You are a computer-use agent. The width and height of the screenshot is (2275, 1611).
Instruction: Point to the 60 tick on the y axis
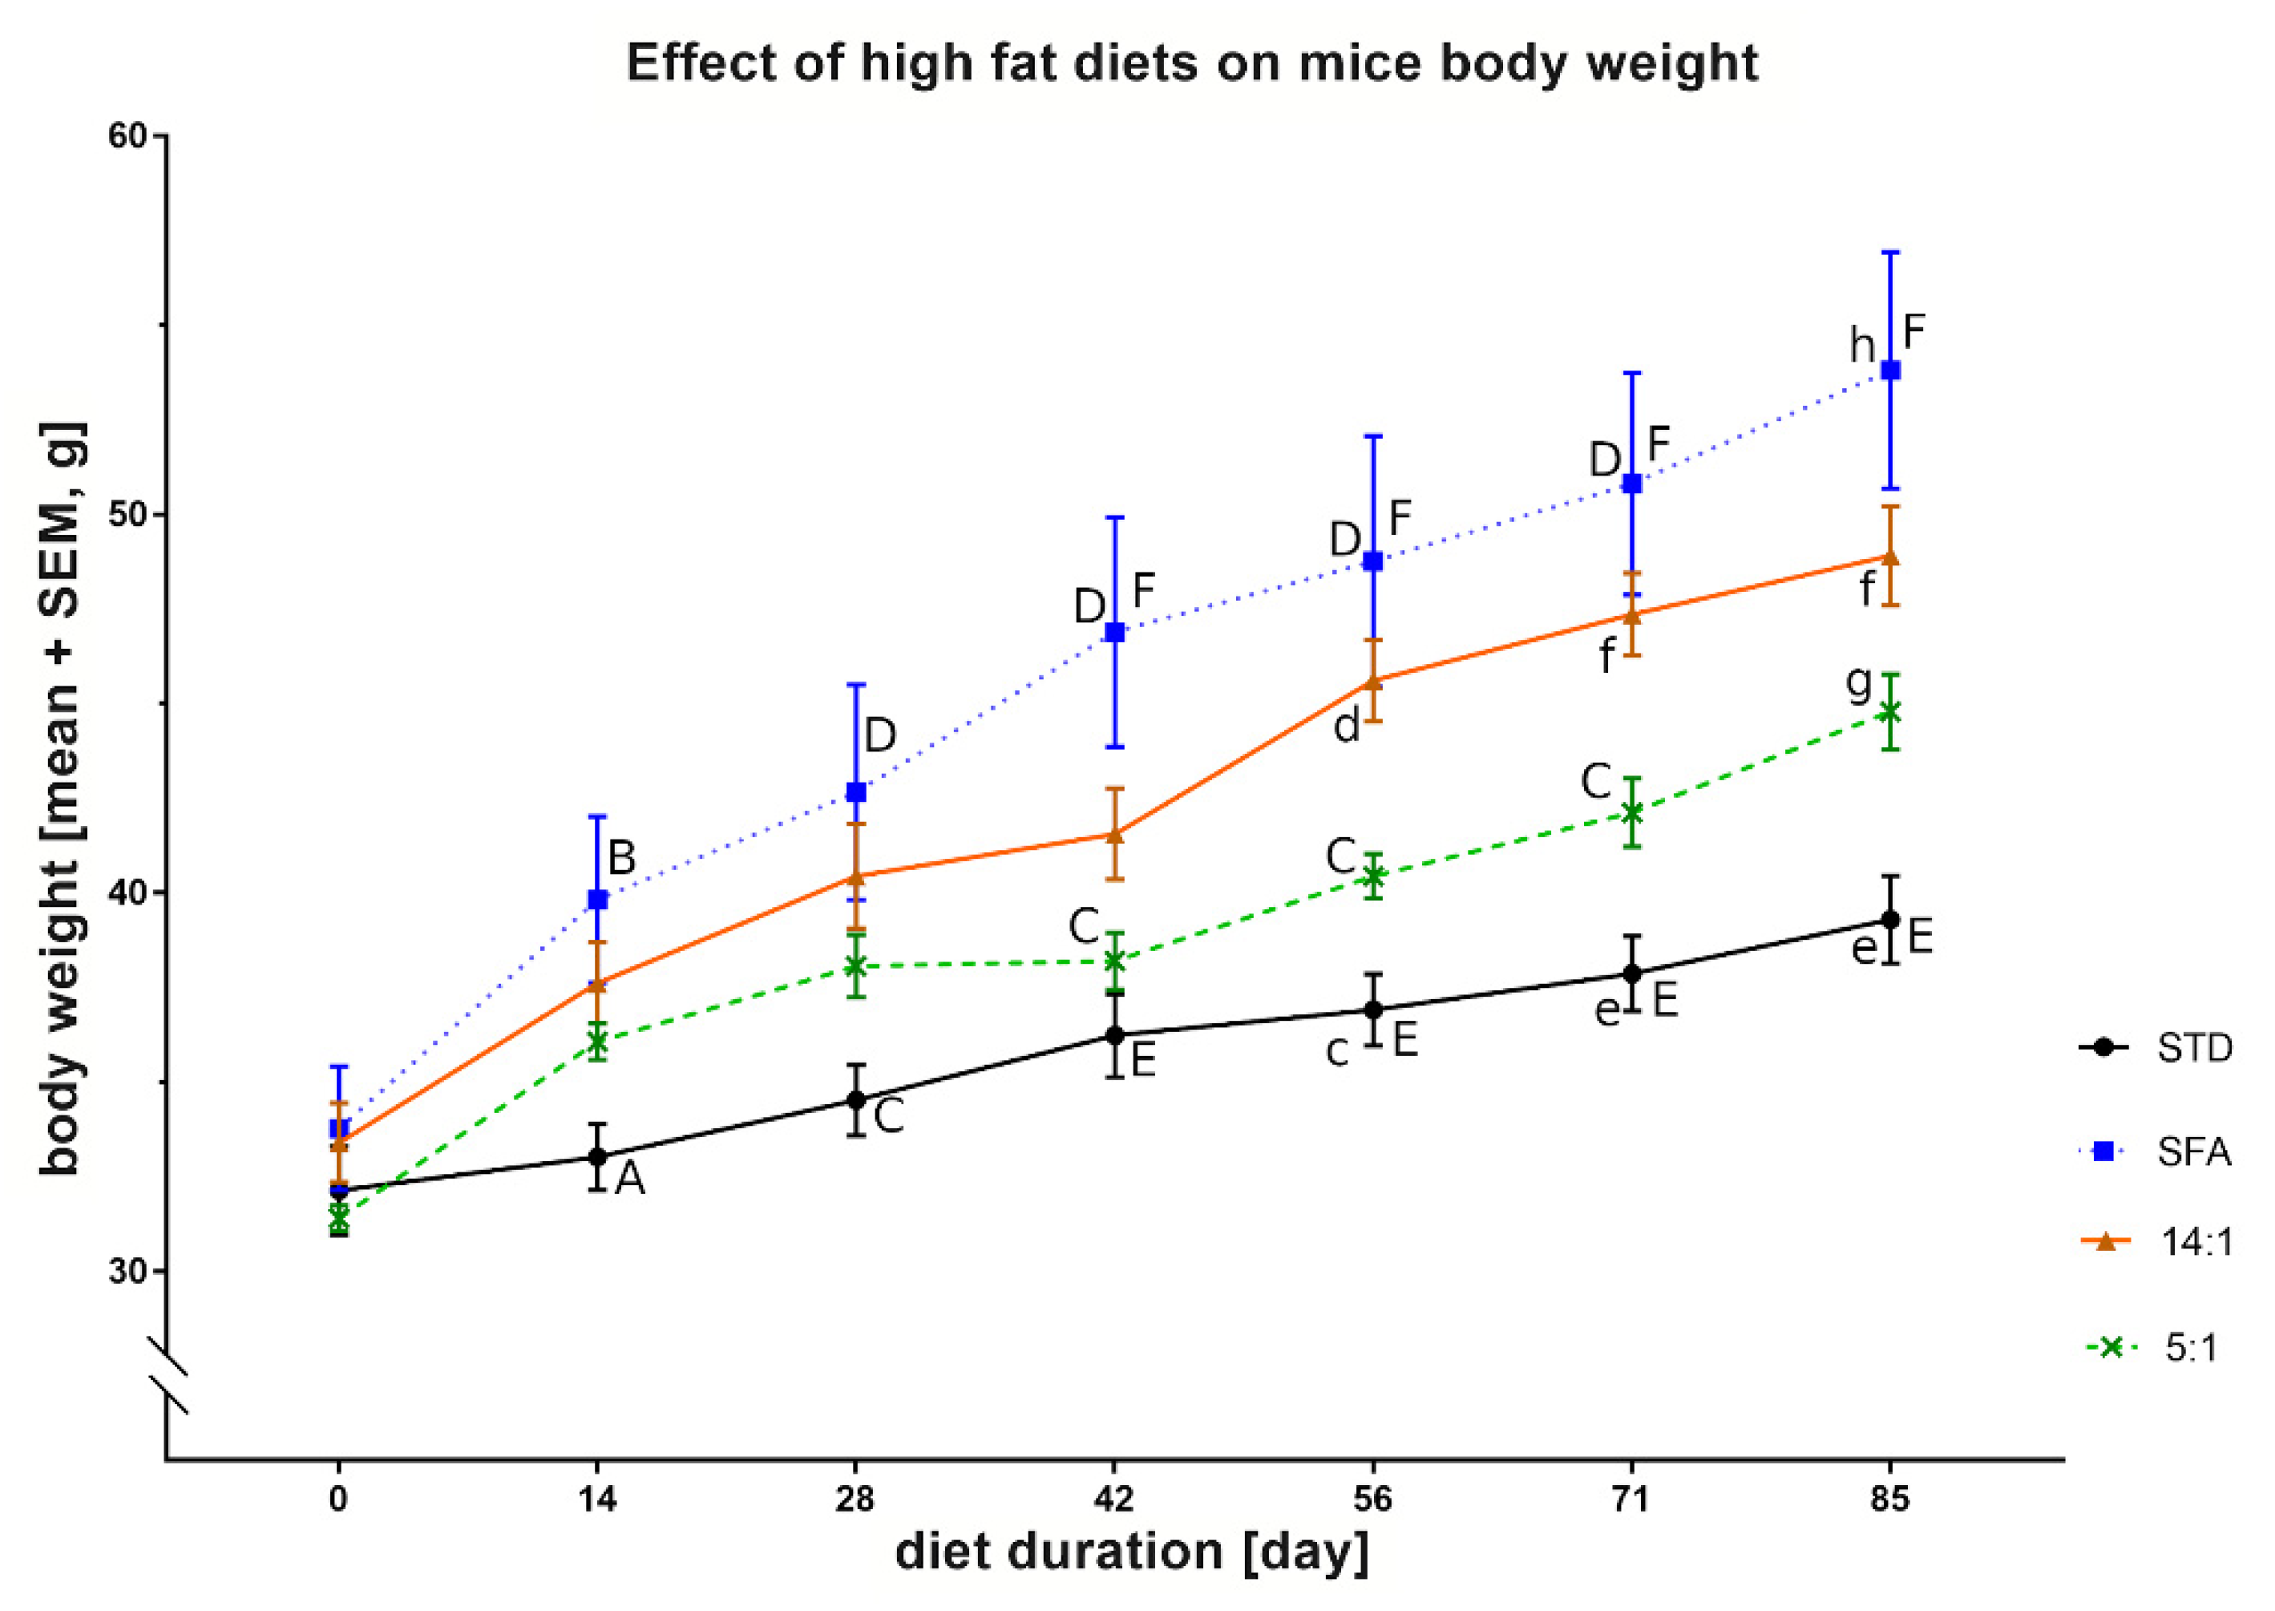coord(127,135)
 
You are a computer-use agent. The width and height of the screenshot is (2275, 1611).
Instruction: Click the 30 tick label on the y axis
coord(127,1272)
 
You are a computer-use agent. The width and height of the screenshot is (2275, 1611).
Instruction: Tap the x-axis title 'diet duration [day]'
coord(1132,1552)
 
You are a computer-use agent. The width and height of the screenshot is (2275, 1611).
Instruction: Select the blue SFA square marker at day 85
coord(1890,370)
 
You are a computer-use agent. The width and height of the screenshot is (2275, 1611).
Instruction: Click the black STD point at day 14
coord(597,1156)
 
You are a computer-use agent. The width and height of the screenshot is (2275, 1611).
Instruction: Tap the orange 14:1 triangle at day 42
coord(1115,834)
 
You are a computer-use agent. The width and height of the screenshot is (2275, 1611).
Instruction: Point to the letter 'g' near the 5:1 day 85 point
coord(1858,682)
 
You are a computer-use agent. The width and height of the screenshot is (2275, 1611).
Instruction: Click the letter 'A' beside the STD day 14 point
coord(630,1180)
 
